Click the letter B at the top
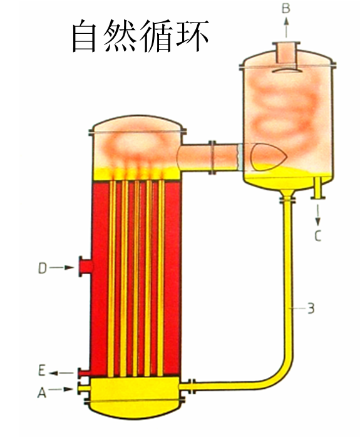[x=286, y=8]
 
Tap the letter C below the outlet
[x=318, y=235]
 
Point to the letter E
[x=41, y=371]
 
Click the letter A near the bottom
[x=41, y=393]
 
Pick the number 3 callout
[x=311, y=308]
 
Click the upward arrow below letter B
[x=286, y=27]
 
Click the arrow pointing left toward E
[x=61, y=373]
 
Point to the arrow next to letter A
[x=61, y=389]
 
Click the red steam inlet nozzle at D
[x=86, y=267]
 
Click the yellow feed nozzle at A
[x=84, y=388]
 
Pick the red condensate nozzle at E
[x=84, y=373]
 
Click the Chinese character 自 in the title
[x=85, y=36]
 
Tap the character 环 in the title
[x=192, y=36]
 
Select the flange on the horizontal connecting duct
[x=212, y=158]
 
